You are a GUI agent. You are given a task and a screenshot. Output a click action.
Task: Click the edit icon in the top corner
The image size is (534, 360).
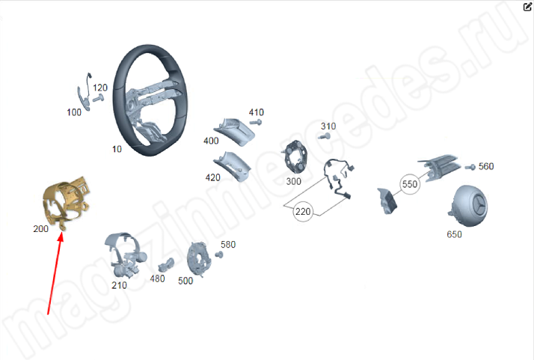pyautogui.click(x=527, y=7)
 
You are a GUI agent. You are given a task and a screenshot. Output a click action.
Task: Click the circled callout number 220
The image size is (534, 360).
pyautogui.click(x=303, y=212)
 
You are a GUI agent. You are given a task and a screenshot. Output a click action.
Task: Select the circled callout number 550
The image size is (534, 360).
pyautogui.click(x=410, y=184)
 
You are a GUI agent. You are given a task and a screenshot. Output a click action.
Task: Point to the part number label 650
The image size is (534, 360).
pyautogui.click(x=454, y=234)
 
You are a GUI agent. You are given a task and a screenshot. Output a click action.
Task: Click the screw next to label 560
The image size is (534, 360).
pyautogui.click(x=470, y=167)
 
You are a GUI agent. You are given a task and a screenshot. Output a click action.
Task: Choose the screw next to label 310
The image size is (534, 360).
pyautogui.click(x=325, y=137)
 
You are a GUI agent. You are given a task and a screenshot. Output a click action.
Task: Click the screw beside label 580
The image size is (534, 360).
pyautogui.click(x=219, y=254)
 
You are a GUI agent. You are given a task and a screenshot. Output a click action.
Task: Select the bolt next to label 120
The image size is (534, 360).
pyautogui.click(x=98, y=98)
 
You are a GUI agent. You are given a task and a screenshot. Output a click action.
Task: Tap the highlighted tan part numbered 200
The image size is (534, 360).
pyautogui.click(x=66, y=204)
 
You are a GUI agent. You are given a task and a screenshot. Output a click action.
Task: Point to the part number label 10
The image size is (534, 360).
pyautogui.click(x=117, y=150)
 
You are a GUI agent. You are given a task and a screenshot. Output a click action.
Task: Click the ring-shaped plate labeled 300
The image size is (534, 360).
pyautogui.click(x=295, y=158)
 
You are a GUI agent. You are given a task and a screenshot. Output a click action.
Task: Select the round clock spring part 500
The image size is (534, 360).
pyautogui.click(x=199, y=258)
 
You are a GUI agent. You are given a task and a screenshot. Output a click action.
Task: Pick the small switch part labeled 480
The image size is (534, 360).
pyautogui.click(x=166, y=265)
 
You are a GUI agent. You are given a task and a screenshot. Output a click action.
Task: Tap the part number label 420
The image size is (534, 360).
pyautogui.click(x=213, y=177)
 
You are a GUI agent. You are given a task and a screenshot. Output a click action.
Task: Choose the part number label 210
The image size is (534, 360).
pyautogui.click(x=119, y=285)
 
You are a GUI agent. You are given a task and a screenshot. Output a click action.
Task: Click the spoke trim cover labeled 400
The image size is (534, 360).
pyautogui.click(x=235, y=132)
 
